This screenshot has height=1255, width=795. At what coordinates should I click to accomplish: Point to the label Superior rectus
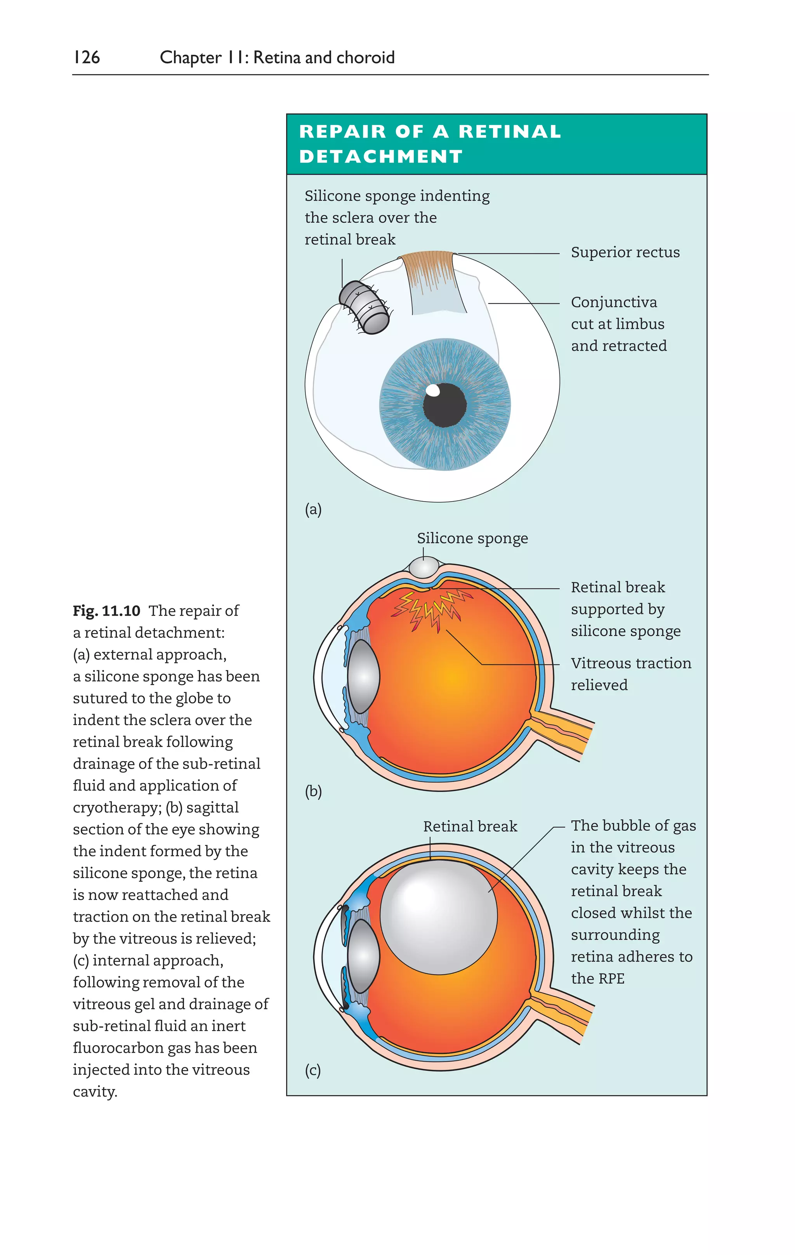(x=625, y=252)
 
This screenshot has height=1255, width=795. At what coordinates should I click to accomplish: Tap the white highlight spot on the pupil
(x=433, y=390)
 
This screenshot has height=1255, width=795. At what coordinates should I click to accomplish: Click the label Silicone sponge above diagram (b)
(x=472, y=538)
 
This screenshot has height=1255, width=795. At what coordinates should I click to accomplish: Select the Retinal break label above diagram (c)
(x=470, y=826)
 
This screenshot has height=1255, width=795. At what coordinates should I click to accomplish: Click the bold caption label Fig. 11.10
(x=106, y=611)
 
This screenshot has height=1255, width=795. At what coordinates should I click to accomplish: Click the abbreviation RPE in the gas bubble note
(x=611, y=979)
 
